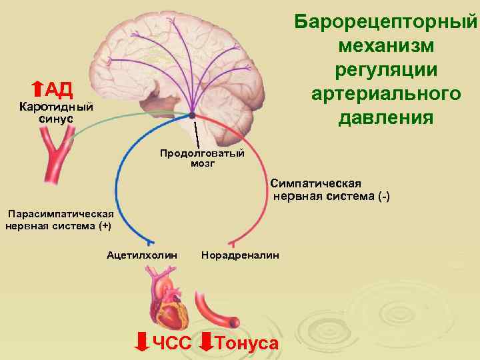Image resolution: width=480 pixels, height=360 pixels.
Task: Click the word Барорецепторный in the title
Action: click(386, 21)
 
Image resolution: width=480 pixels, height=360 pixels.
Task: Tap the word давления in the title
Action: click(386, 118)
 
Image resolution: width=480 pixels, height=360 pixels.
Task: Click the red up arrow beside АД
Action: click(37, 89)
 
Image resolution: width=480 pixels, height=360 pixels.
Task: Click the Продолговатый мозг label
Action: click(202, 158)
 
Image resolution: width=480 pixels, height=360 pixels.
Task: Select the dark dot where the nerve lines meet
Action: click(193, 113)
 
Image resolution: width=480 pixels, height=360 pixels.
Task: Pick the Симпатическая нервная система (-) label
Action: click(330, 190)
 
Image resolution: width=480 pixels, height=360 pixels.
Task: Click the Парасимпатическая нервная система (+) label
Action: click(60, 219)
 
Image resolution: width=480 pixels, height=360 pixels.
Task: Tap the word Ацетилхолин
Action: click(142, 255)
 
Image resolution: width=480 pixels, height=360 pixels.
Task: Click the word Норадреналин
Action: click(240, 255)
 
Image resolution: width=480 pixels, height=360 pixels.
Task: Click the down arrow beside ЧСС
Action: click(141, 341)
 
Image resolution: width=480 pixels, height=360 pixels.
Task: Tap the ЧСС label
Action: click(172, 343)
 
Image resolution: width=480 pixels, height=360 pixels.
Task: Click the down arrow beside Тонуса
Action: click(207, 341)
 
